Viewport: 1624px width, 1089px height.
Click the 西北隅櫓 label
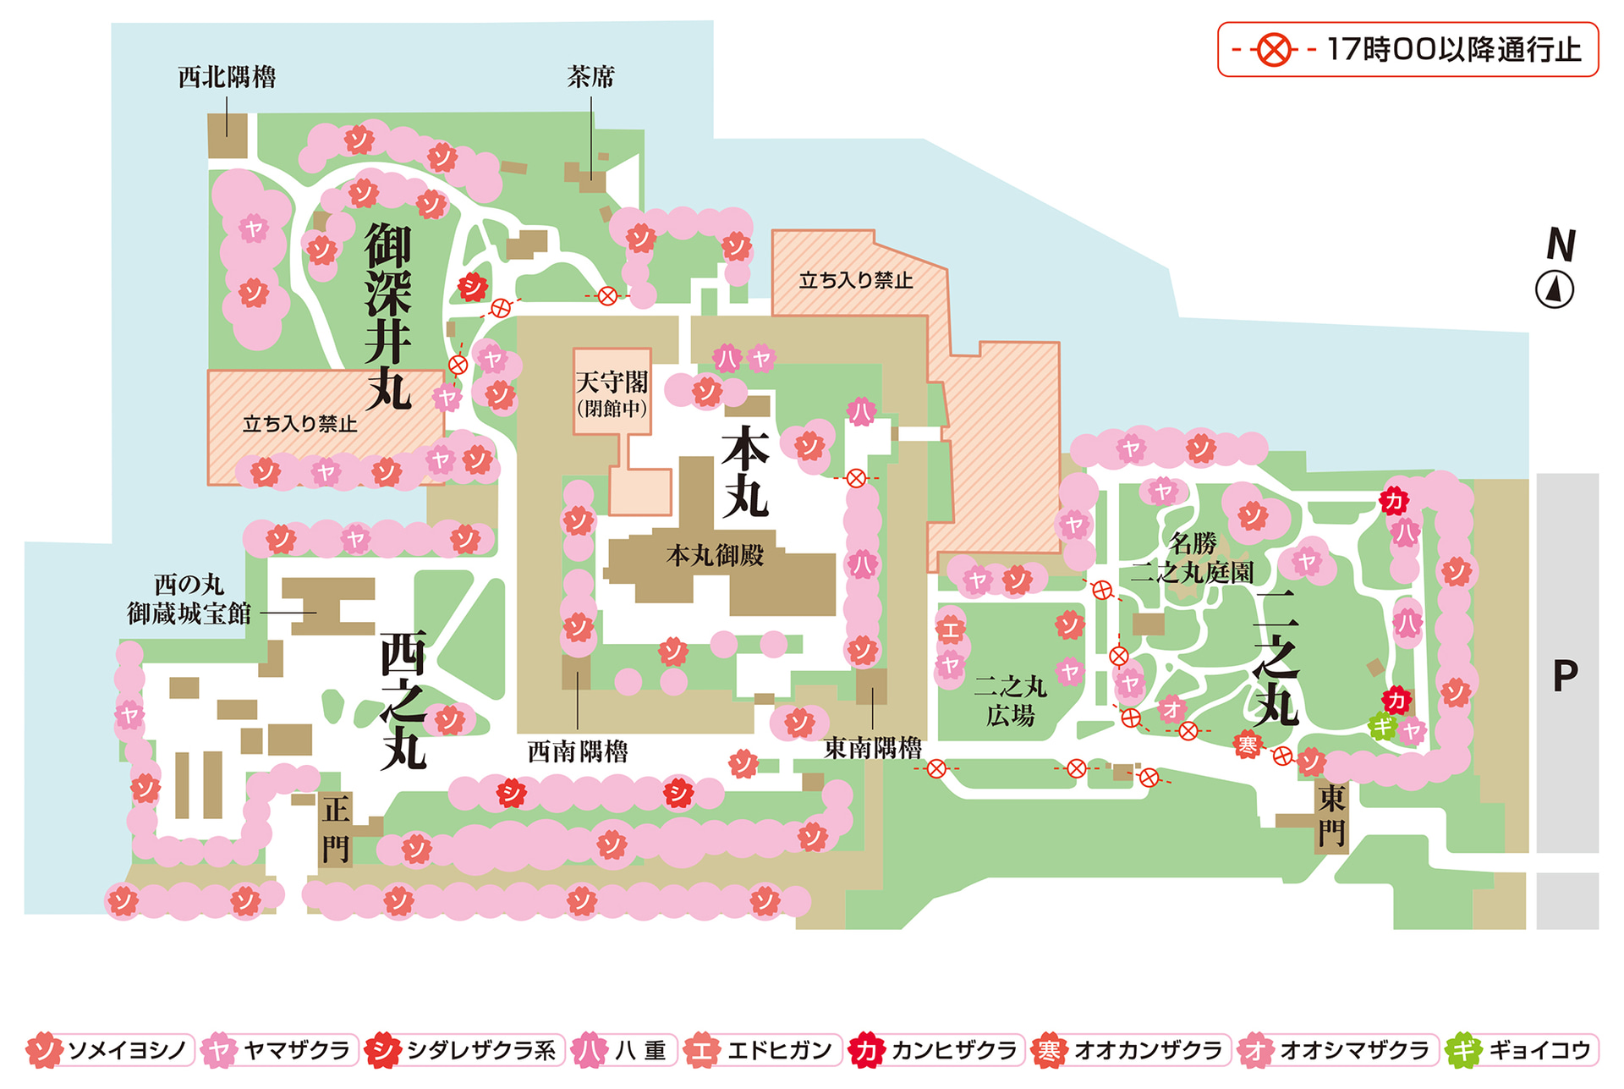click(227, 78)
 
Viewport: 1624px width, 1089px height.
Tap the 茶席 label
click(590, 78)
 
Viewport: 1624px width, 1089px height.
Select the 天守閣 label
click(612, 383)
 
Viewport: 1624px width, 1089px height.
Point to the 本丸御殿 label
click(715, 556)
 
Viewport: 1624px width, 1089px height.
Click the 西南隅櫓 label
click(578, 751)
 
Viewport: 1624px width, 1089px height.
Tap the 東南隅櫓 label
click(873, 748)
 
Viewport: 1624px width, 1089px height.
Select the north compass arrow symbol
click(1554, 289)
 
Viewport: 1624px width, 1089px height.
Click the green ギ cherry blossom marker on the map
click(1382, 726)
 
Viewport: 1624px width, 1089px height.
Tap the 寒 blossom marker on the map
click(1248, 745)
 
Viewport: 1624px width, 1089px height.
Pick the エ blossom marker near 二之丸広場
click(950, 630)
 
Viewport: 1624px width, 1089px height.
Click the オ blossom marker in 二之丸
click(1171, 708)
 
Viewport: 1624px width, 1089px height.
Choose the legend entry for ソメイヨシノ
click(110, 1051)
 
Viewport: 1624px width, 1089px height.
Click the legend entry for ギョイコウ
click(1522, 1051)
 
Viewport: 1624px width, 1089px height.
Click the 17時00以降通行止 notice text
click(1453, 50)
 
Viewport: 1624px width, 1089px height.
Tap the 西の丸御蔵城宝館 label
click(189, 599)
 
